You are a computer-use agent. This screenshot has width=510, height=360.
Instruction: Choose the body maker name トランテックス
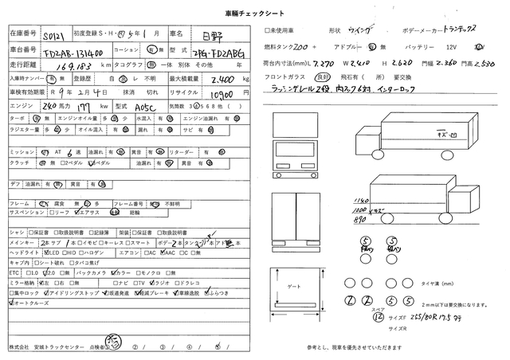451,28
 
